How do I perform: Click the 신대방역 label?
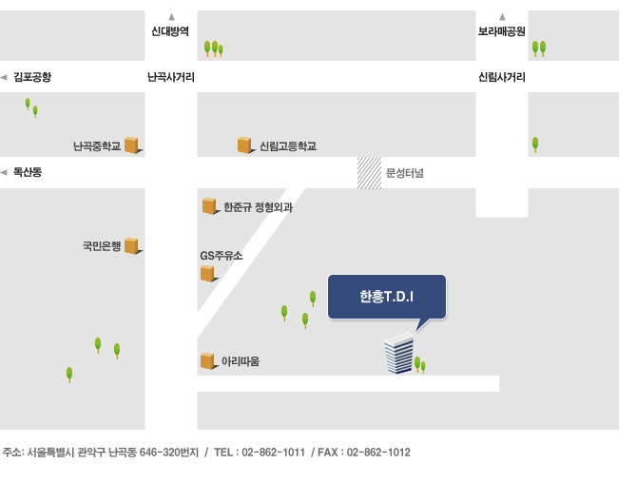click(170, 31)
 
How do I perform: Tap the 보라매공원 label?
click(502, 31)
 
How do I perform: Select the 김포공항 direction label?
click(32, 77)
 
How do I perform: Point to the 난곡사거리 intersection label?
click(171, 77)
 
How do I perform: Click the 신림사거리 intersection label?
click(502, 77)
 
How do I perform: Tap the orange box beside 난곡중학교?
click(132, 145)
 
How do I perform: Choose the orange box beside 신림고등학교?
click(245, 145)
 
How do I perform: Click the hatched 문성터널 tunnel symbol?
click(369, 173)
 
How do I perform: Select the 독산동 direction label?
click(28, 172)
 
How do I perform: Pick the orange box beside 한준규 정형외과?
click(210, 206)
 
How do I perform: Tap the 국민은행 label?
click(102, 245)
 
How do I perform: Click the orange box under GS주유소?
click(208, 274)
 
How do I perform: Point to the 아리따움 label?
click(241, 361)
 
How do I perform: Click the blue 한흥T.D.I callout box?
click(387, 297)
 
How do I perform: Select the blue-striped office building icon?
click(399, 353)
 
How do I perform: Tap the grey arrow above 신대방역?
click(171, 17)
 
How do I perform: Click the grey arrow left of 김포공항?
click(4, 77)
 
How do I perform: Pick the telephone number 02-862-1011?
click(273, 453)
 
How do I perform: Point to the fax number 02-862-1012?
click(378, 453)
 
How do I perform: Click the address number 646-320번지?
click(169, 453)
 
